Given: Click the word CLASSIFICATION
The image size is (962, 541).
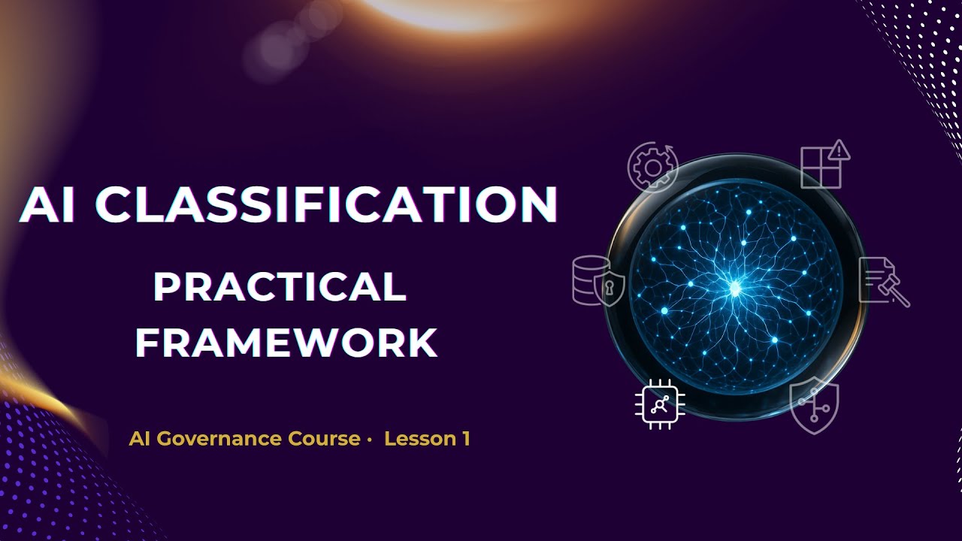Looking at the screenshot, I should pos(328,204).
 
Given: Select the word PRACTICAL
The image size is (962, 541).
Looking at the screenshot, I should pos(280,287).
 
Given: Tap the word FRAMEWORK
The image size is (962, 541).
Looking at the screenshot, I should pos(286,342).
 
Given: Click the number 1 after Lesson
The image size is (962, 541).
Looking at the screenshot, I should pos(466,439).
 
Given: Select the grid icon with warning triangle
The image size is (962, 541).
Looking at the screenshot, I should pos(824,165).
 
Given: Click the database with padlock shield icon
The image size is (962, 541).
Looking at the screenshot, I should pos(598,280).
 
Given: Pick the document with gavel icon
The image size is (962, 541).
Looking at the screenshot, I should pos(883,281).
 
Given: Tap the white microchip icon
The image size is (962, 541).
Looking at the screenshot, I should pos(660,406).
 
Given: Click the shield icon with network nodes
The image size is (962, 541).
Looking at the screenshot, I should pos(814,406).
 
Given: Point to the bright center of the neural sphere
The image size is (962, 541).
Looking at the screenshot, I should pos(735,286).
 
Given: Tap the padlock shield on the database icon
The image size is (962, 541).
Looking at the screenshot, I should pos(610,289).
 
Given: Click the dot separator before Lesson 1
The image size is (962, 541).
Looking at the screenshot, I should pos(370,440).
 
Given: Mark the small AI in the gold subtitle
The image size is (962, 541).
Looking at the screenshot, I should pos(137,439).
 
